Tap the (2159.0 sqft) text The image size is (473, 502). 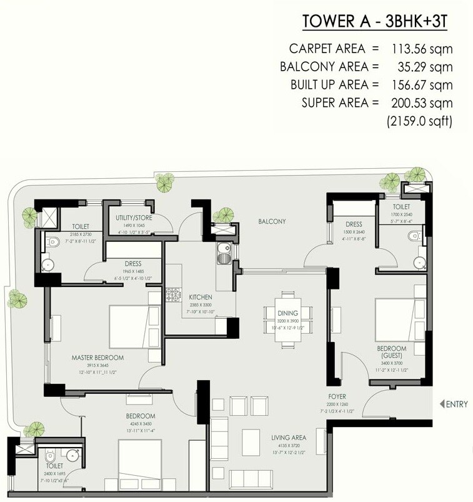click(418, 120)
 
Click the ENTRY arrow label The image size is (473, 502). click(454, 404)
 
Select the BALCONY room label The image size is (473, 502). click(272, 221)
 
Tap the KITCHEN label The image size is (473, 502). click(201, 297)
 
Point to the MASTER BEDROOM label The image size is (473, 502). click(97, 358)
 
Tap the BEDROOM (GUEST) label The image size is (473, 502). click(392, 351)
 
